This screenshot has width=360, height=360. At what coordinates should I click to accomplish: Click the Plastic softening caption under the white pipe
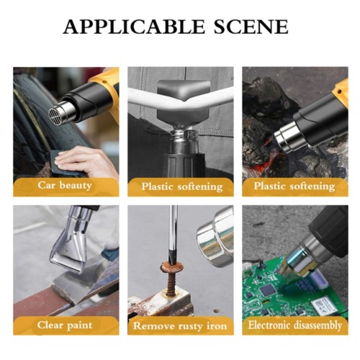click(181, 186)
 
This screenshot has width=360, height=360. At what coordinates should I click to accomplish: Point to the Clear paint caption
click(66, 325)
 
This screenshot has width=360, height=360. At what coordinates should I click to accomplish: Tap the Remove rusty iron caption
click(181, 325)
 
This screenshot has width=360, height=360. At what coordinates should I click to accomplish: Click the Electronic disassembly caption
click(295, 325)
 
